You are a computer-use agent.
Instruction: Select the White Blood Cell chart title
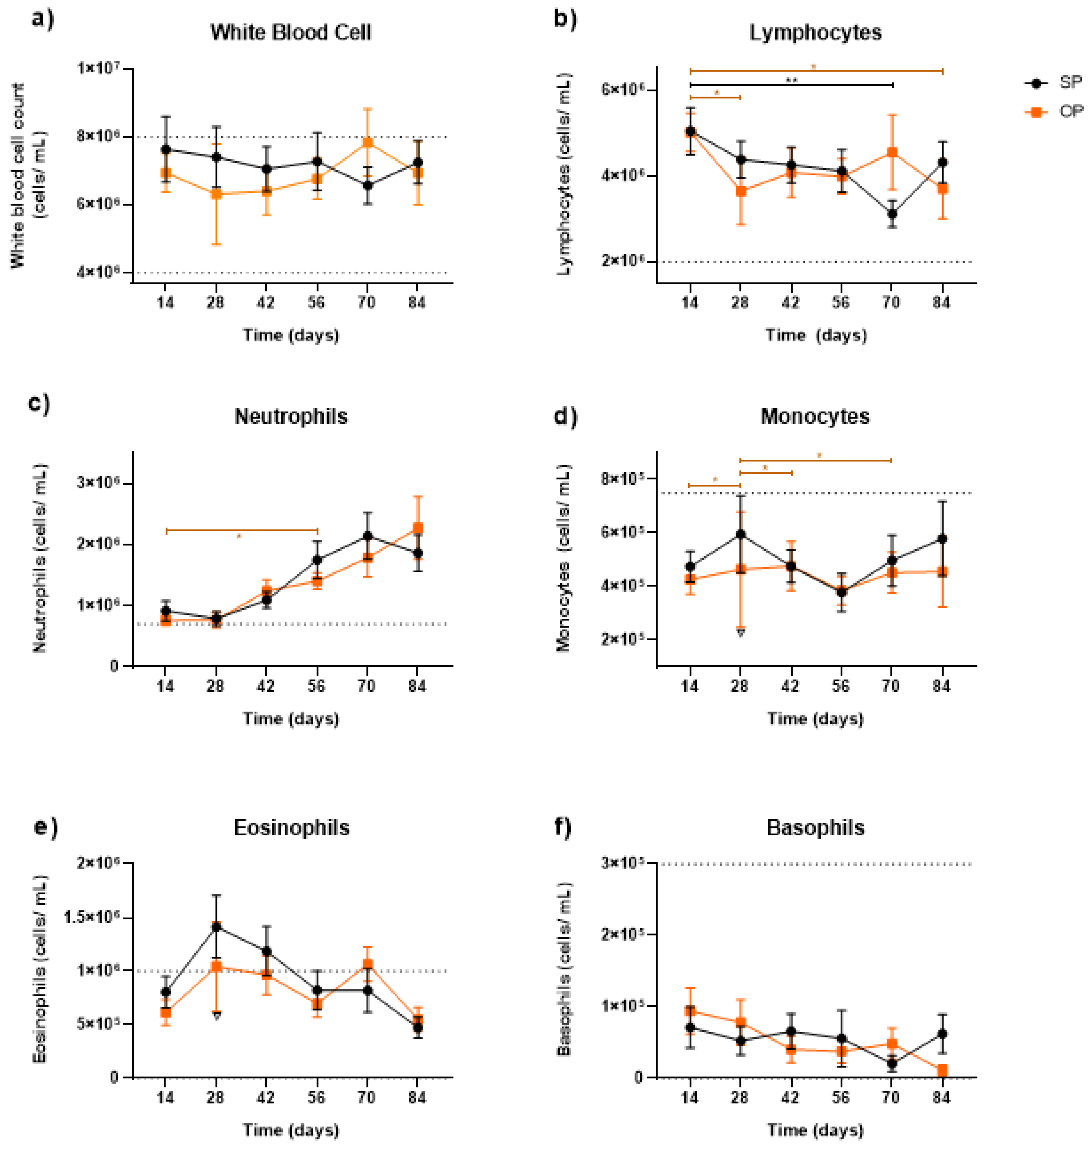coord(291,32)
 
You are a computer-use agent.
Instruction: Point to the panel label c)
coord(40,402)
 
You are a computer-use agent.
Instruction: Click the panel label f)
coord(562,826)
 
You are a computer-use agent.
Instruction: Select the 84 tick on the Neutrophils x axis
coord(417,687)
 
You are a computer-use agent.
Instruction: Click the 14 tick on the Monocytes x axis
coord(690,687)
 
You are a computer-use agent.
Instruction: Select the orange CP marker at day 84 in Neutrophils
coord(418,529)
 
